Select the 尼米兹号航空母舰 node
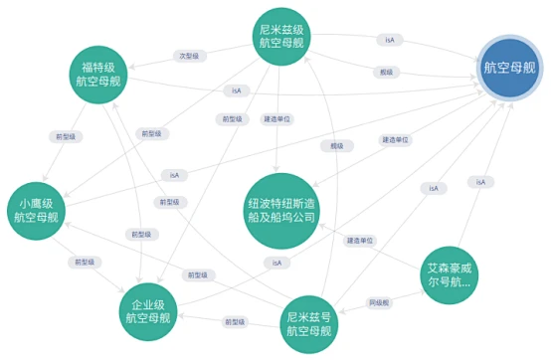(309, 323)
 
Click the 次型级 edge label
(187, 56)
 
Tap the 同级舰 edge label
(378, 301)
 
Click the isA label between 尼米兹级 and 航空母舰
(389, 40)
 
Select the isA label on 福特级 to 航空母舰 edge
(236, 90)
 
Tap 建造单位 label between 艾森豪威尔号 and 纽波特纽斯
(361, 241)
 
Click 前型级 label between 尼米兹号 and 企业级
(235, 321)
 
